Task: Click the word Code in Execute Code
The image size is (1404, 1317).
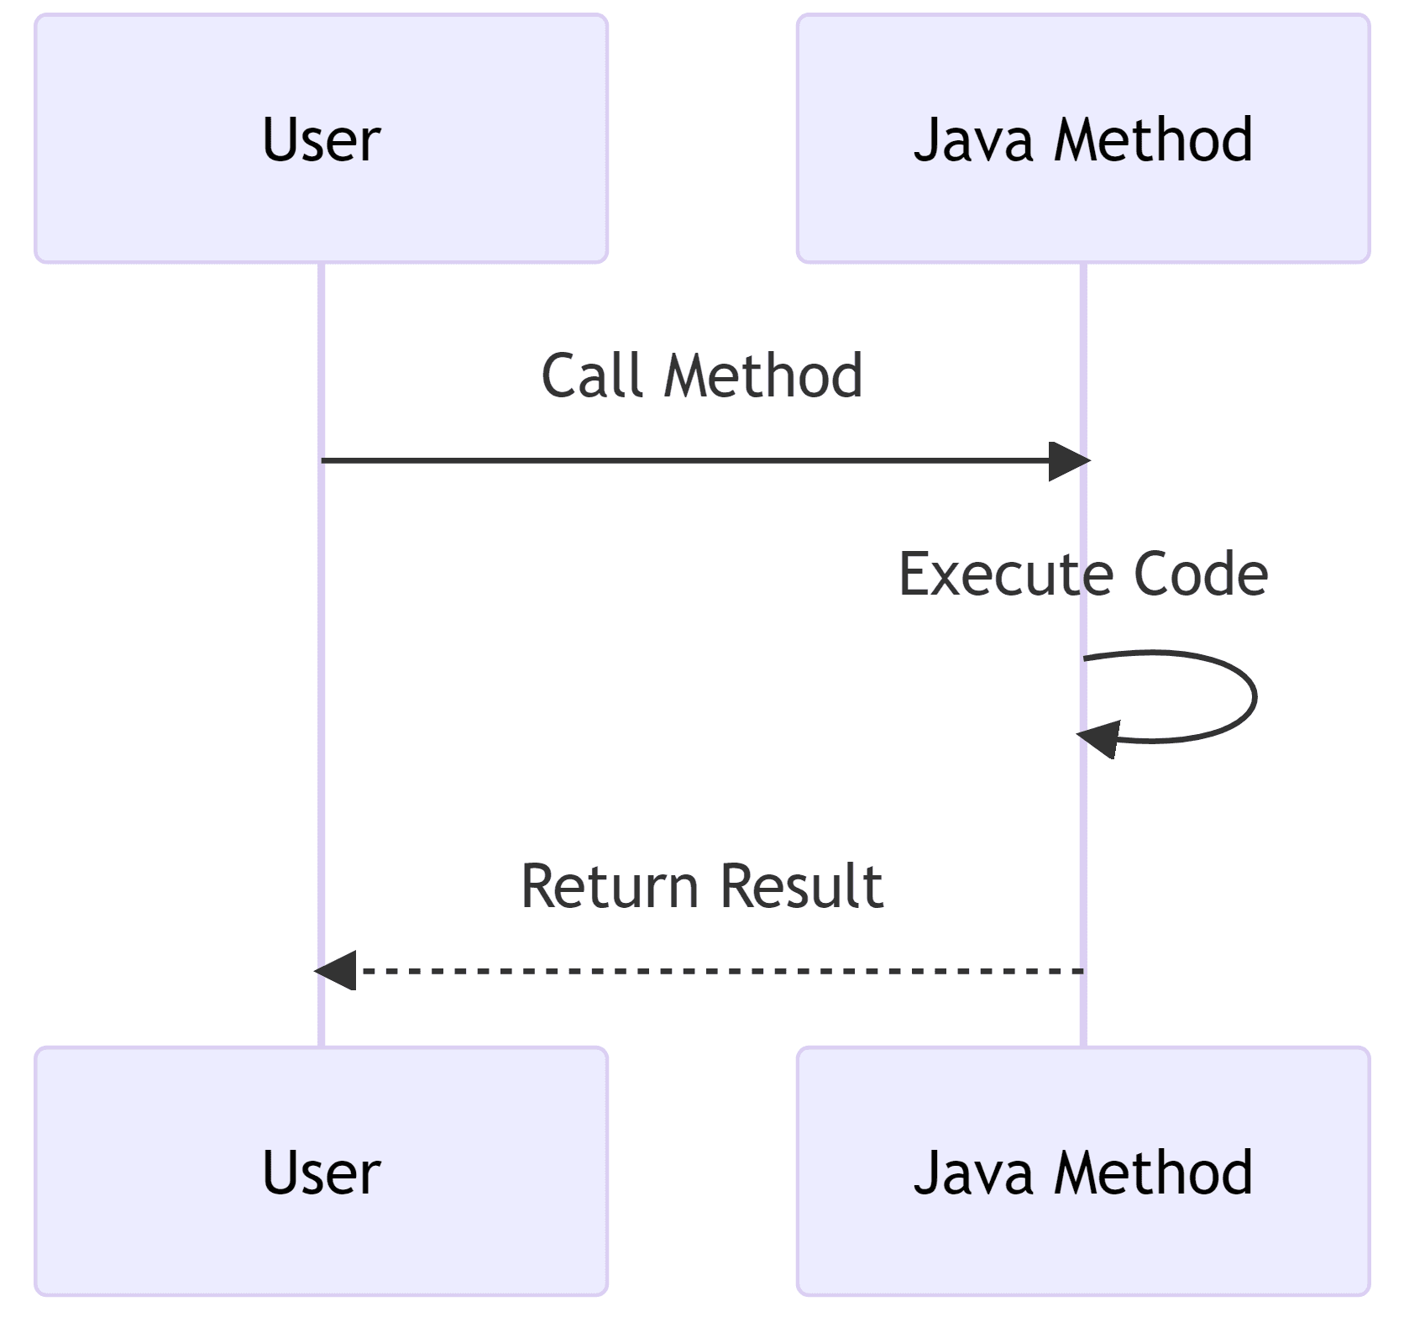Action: (1201, 575)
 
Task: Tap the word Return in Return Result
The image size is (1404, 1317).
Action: (610, 887)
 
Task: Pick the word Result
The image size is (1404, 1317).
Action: (802, 887)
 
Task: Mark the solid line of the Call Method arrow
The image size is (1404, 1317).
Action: (672, 460)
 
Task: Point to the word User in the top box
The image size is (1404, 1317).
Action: (321, 139)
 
